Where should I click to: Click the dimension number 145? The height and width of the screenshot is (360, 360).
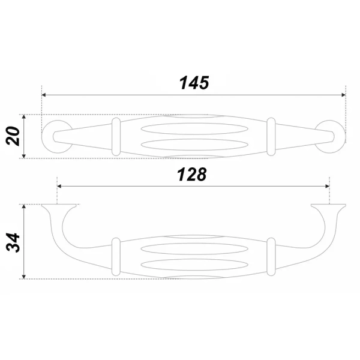point(194,83)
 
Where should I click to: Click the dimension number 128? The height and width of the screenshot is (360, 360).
point(192,175)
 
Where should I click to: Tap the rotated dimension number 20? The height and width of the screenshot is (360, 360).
point(13,136)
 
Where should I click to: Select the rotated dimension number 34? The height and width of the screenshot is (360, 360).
point(13,242)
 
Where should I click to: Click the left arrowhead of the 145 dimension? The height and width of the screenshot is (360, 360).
point(44,95)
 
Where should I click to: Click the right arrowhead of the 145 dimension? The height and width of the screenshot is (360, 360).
point(343,95)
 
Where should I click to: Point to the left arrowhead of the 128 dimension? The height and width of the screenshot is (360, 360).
point(59,186)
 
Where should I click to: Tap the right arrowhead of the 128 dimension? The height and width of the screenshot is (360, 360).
point(327,186)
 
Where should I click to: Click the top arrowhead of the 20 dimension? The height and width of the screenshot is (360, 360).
point(23,117)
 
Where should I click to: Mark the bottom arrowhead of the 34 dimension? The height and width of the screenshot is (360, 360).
point(23,277)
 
